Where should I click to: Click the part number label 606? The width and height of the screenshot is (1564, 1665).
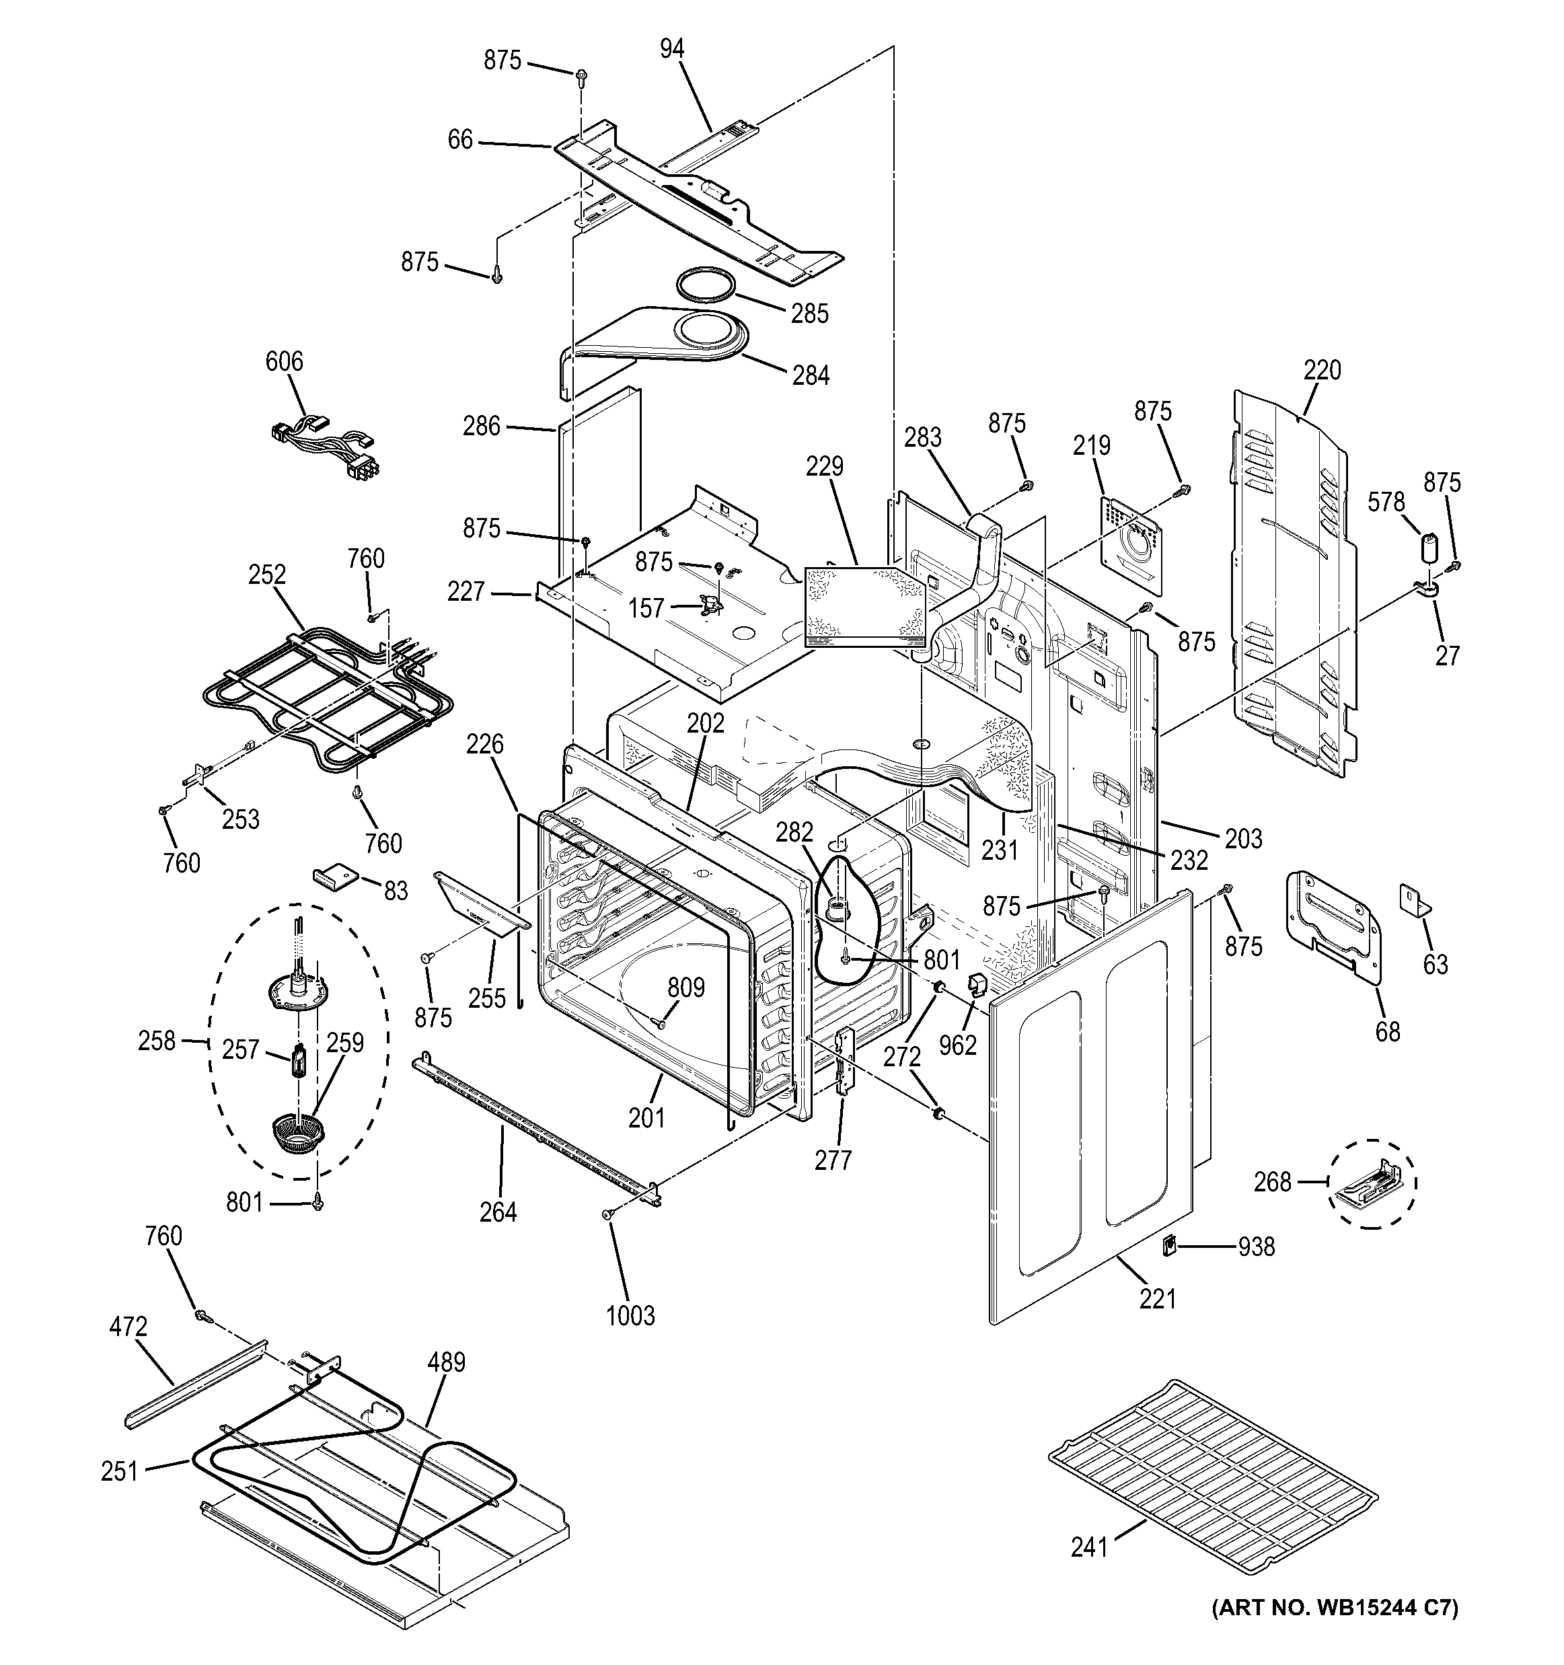[284, 362]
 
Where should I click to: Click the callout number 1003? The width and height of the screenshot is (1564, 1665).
[630, 1316]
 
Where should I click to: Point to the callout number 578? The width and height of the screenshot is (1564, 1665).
[1386, 502]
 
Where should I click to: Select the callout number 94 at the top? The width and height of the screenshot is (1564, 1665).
[671, 49]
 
